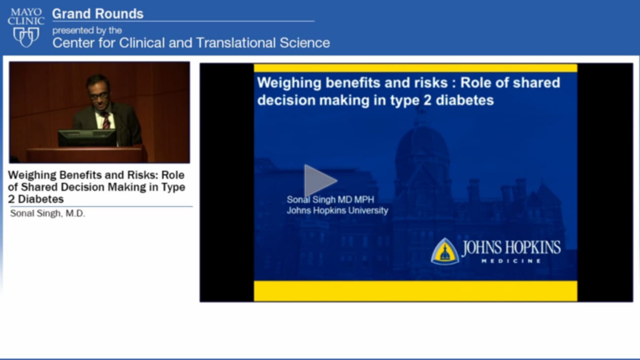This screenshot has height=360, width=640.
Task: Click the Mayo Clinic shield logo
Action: pos(26,37)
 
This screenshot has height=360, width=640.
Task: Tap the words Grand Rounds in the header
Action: pos(97,14)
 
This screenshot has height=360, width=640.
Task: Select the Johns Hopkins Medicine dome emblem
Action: pos(445,252)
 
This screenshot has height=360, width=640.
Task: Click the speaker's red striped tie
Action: pos(106,120)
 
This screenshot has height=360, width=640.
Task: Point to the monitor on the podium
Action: pos(87,138)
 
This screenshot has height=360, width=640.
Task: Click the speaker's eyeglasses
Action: pos(99,95)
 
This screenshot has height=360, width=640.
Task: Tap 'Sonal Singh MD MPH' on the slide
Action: pos(330,199)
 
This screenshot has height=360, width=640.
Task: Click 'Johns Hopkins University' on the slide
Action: pos(337,210)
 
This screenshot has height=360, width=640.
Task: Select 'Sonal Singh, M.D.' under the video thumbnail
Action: pos(47,214)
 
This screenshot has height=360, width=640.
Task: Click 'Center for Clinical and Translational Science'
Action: pos(191,43)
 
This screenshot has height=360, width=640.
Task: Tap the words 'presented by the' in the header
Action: pos(87,31)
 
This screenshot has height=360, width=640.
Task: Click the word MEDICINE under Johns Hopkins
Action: pos(511,261)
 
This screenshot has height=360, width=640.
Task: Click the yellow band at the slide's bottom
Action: pos(415,291)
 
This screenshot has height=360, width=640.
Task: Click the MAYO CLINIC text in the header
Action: pos(26,16)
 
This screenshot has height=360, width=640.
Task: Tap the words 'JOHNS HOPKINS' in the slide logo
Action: pos(511,247)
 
